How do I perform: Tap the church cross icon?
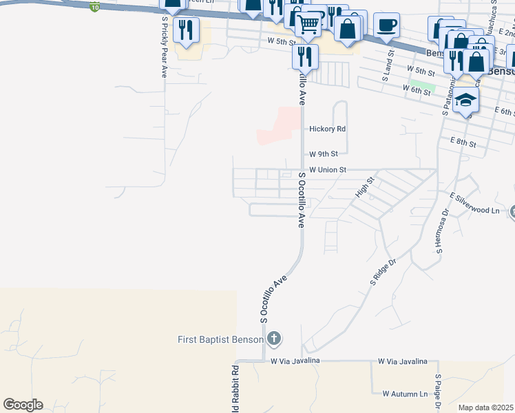tap(274, 339)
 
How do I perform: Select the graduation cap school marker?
tap(466, 100)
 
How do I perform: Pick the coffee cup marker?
tap(386, 25)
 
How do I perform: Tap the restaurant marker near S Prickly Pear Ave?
tap(186, 30)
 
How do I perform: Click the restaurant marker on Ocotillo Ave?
tap(305, 56)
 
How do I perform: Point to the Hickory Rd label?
tap(327, 129)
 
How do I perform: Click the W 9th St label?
tap(324, 154)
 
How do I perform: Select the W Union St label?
tap(327, 169)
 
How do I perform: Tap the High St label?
tap(364, 187)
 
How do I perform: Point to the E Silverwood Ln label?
tap(474, 211)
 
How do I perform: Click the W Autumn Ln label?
tap(406, 394)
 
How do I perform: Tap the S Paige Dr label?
tap(438, 392)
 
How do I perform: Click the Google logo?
tap(23, 405)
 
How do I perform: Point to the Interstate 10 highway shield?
tap(94, 7)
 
